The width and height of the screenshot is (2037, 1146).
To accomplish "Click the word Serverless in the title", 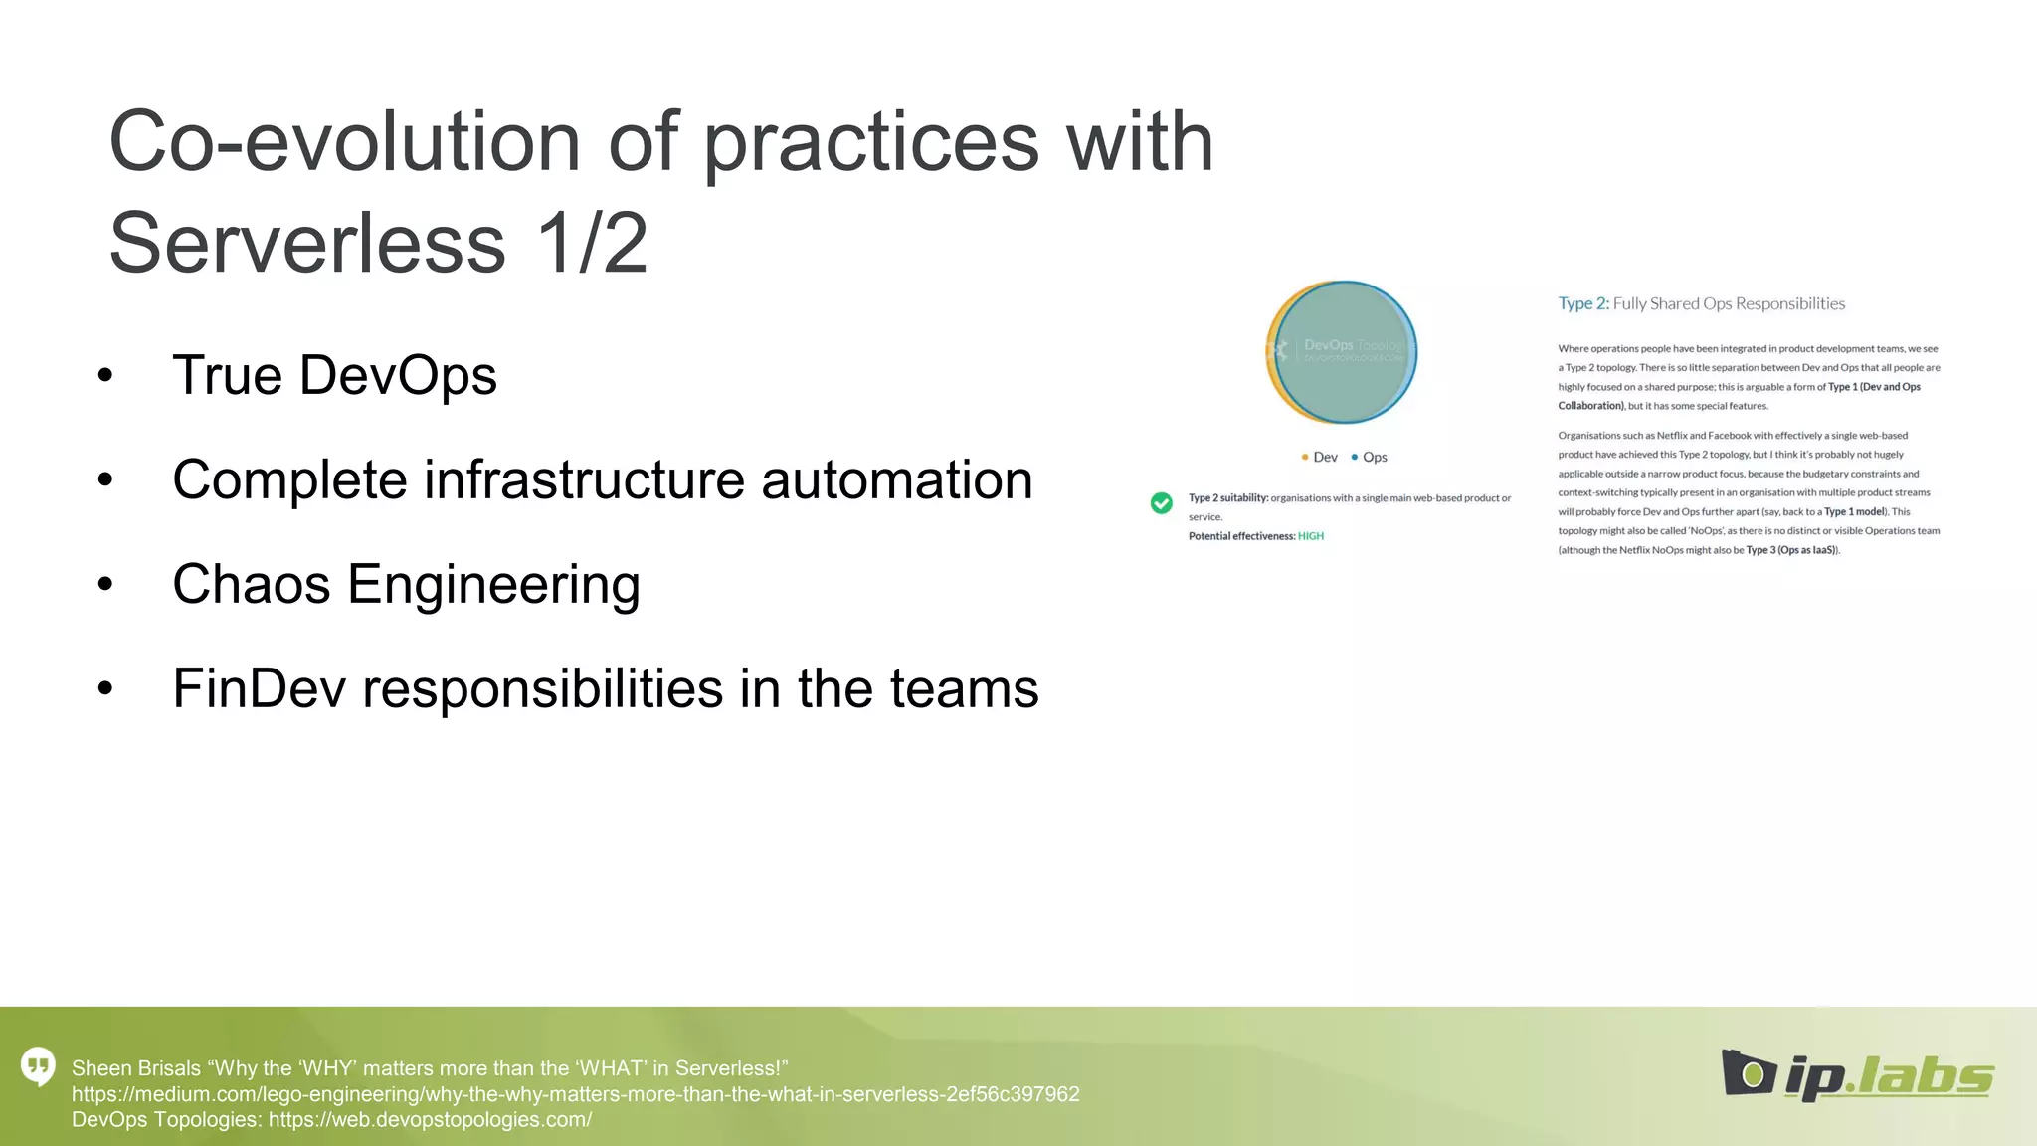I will [x=306, y=243].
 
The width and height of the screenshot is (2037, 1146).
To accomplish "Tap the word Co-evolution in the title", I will [x=344, y=141].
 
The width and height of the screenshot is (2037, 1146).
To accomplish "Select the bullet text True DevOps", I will [x=334, y=376].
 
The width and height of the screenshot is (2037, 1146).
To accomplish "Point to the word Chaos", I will [x=251, y=584].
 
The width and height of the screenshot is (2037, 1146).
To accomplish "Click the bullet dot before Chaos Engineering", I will [x=105, y=584].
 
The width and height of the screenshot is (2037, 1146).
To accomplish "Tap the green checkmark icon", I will [x=1161, y=503].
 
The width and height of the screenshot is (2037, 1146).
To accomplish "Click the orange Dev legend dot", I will [x=1304, y=457].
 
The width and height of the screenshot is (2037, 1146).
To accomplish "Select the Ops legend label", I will [x=1375, y=457].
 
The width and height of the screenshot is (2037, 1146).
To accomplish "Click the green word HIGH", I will [x=1311, y=536].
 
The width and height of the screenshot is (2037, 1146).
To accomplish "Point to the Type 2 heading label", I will [x=1582, y=303].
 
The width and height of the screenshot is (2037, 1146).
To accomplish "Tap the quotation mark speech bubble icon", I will [x=38, y=1066].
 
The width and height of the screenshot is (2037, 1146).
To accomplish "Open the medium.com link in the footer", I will [x=575, y=1094].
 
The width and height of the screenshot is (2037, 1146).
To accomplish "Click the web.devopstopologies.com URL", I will [x=430, y=1120].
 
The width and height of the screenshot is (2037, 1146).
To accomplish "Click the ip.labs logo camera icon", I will [x=1749, y=1072].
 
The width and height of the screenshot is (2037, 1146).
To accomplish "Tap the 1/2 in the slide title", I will [x=592, y=243].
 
